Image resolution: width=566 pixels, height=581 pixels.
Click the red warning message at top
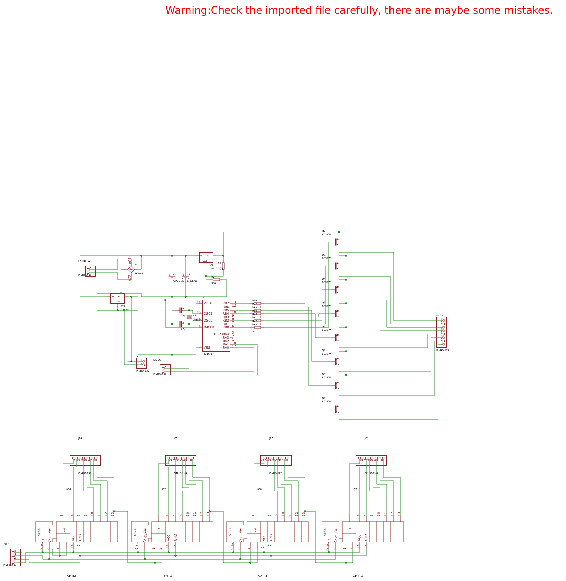coord(358,11)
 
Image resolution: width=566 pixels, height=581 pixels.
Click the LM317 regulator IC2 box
coord(206,257)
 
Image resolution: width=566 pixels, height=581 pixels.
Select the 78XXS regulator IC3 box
coord(117,298)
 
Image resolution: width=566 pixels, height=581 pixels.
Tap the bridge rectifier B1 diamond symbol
coord(131,269)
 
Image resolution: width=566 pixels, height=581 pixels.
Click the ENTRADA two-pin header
coord(90,271)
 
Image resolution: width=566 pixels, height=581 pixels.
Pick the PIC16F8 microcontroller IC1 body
coord(216,326)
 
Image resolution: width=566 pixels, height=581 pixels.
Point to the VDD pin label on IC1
coord(207,303)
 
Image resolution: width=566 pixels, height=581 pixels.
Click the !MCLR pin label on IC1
coord(209,327)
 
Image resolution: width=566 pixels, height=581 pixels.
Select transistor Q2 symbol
coord(337,242)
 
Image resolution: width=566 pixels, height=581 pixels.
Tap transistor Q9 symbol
coord(337,409)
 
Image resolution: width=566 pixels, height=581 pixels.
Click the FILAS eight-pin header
coord(441,332)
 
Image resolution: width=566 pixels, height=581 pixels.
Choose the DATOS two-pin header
coord(165,370)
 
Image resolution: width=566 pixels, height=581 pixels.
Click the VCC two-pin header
coord(141,363)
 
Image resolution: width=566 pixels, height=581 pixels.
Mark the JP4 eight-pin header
coord(85,460)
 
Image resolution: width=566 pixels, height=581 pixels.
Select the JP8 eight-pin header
coord(371,460)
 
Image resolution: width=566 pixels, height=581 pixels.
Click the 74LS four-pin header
coord(15,557)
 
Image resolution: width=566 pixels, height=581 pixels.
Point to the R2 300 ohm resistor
coord(216,280)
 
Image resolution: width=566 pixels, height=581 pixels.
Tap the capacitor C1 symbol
coord(172,278)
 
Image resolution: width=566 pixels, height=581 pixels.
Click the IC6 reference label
coord(259,490)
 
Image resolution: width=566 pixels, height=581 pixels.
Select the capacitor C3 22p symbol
coord(180,310)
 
